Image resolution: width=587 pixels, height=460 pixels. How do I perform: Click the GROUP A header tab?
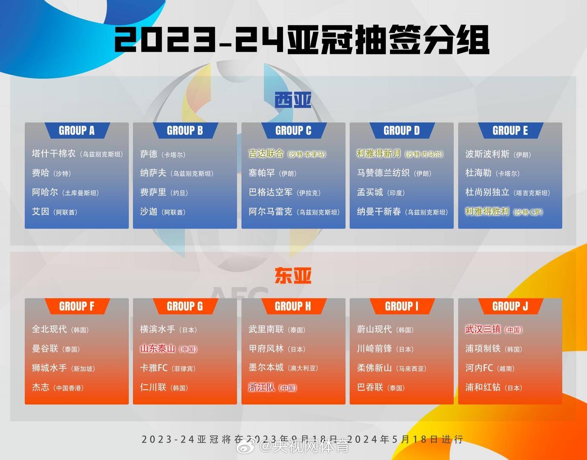point(77,131)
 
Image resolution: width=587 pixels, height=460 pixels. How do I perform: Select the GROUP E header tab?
point(510,131)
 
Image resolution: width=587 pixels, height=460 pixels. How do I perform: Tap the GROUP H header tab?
point(293,306)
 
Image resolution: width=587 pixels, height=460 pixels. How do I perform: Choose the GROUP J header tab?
point(510,306)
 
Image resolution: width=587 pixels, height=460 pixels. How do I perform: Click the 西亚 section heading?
point(293,101)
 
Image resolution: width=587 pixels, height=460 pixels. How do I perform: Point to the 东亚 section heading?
point(293,276)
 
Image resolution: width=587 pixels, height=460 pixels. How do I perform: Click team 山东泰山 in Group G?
point(158,348)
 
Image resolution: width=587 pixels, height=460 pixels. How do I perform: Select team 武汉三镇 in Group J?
point(483,329)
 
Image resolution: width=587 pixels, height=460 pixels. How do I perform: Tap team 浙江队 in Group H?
point(262,388)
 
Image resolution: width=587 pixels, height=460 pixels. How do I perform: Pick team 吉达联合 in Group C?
point(266,154)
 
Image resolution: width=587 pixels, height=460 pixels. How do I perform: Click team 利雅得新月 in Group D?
point(379,154)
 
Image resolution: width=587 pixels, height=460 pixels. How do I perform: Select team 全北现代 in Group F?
point(49,329)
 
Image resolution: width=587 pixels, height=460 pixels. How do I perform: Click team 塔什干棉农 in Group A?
point(54,154)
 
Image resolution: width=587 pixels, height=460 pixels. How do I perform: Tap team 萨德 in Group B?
point(149,154)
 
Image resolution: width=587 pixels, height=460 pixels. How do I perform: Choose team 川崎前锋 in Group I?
point(374,349)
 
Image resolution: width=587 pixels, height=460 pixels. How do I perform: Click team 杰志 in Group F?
point(41,388)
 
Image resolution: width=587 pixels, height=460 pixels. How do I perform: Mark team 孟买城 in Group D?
point(370,193)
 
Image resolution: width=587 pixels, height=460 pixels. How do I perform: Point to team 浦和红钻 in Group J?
point(483,388)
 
